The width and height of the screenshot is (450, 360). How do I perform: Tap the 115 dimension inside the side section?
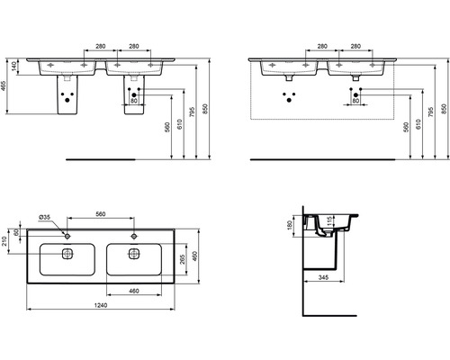(x=331, y=221)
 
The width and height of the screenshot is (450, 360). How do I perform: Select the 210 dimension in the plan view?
(x=7, y=238)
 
